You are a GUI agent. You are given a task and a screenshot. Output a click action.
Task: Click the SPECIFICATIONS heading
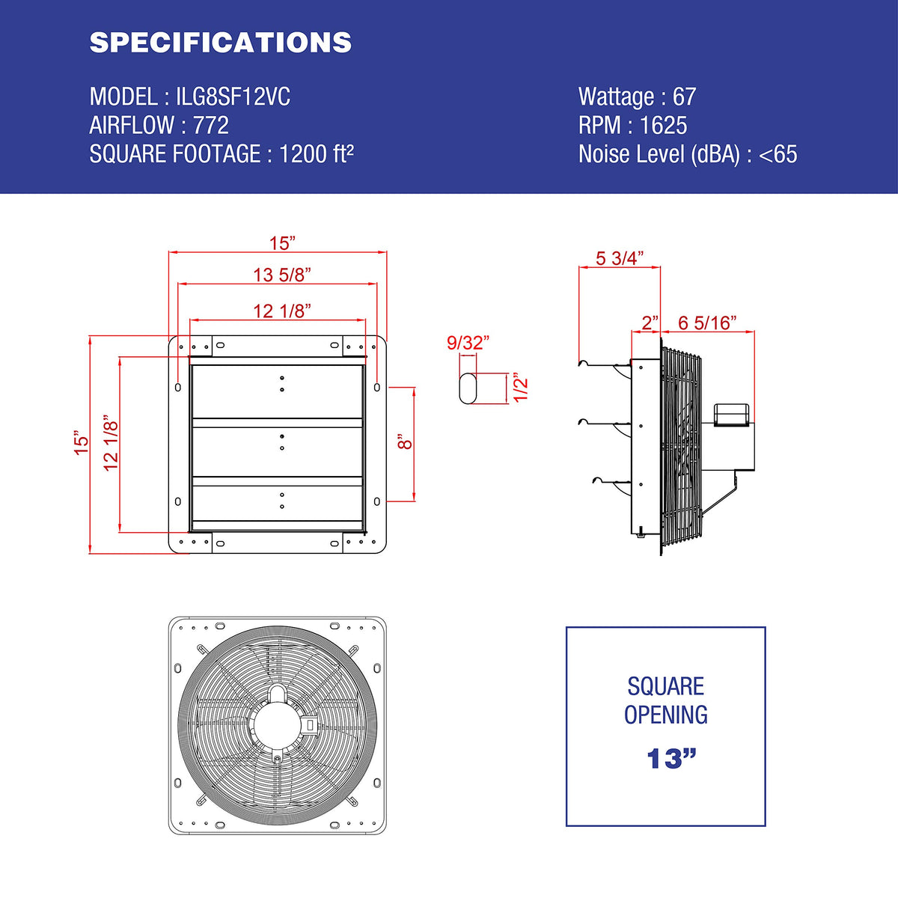click(221, 43)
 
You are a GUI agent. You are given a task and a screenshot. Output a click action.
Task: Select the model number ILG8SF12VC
click(233, 97)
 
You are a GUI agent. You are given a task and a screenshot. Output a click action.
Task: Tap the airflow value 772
click(211, 126)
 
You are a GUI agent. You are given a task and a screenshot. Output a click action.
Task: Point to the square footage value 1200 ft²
click(317, 154)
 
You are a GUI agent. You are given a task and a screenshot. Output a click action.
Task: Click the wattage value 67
click(684, 97)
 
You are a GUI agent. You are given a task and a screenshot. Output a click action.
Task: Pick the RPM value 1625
click(664, 126)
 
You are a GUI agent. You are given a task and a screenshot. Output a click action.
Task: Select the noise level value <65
click(778, 154)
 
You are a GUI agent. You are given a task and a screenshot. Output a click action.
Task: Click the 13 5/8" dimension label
click(282, 275)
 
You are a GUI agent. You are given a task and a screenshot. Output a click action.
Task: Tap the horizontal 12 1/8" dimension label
click(282, 311)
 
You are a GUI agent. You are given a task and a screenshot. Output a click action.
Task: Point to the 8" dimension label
click(406, 442)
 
